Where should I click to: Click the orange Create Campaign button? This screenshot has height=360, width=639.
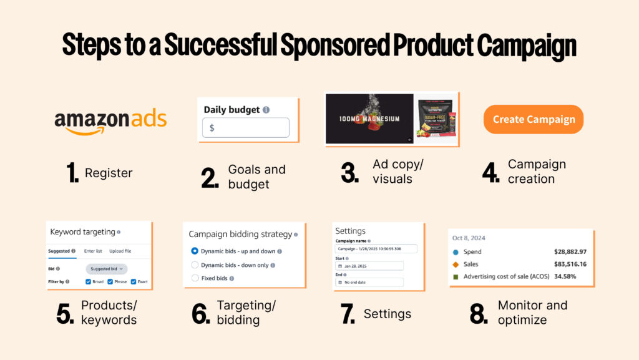(x=534, y=119)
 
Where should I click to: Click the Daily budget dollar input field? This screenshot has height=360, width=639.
(x=245, y=127)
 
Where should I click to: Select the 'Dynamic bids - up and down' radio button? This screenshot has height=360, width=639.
(x=195, y=251)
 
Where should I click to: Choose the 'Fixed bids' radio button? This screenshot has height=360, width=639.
(x=195, y=278)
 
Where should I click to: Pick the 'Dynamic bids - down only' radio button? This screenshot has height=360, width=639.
(x=195, y=265)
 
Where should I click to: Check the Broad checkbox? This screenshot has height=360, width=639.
(x=89, y=281)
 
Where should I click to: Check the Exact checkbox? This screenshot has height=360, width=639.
(x=134, y=281)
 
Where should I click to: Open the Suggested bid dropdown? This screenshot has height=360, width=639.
(x=106, y=269)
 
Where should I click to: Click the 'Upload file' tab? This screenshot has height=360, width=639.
(x=120, y=251)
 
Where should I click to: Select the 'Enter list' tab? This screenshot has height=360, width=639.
(x=94, y=251)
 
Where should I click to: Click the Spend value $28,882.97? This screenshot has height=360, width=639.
(x=570, y=252)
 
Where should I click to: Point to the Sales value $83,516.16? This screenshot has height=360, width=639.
(x=570, y=264)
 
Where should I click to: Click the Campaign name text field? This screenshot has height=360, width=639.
(x=369, y=249)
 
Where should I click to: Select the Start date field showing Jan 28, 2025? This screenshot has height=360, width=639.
(x=369, y=266)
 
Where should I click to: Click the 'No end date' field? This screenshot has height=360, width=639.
(x=369, y=282)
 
